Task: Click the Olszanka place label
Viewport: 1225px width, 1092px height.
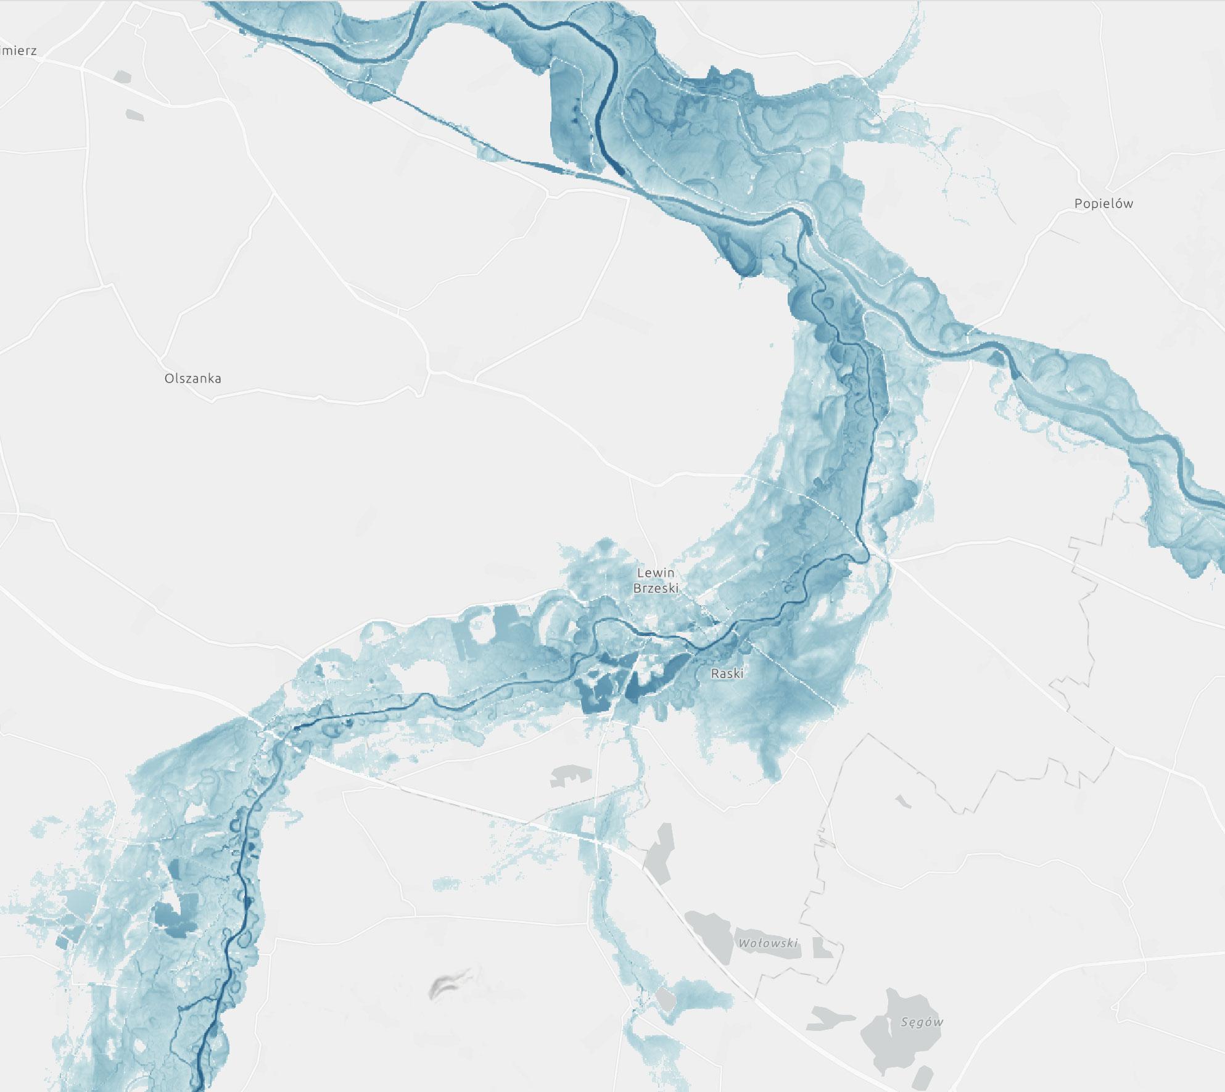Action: pyautogui.click(x=192, y=378)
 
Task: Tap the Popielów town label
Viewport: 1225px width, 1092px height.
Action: pyautogui.click(x=1103, y=204)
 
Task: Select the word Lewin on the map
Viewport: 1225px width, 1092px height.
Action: pyautogui.click(x=656, y=573)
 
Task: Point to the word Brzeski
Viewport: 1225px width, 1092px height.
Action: pyautogui.click(x=656, y=588)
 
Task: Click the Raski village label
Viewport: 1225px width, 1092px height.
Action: pyautogui.click(x=727, y=674)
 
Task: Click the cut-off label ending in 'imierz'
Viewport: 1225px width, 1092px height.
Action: pyautogui.click(x=19, y=51)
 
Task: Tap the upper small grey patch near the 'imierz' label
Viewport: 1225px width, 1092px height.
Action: pyautogui.click(x=123, y=77)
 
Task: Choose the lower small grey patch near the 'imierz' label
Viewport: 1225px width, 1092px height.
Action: pyautogui.click(x=134, y=115)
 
